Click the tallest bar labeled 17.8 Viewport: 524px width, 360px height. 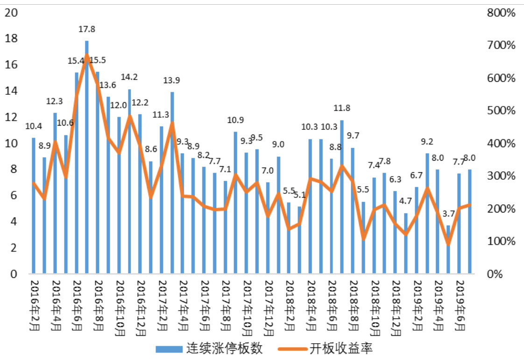pos(87,159)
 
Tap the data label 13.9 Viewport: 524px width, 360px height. pos(172,80)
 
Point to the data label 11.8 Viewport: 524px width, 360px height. pos(342,108)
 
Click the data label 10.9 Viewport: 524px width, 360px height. pos(235,120)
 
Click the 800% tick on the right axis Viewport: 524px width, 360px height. pos(501,13)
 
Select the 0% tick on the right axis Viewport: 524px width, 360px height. pos(506,274)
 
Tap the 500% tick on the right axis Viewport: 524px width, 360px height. pos(501,111)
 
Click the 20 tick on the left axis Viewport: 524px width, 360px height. pos(11,13)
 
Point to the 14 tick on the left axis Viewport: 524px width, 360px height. pos(11,91)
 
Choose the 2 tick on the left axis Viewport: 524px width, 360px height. pos(14,248)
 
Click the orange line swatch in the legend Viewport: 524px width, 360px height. pos(292,348)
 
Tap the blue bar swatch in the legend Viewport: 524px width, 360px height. pos(169,348)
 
